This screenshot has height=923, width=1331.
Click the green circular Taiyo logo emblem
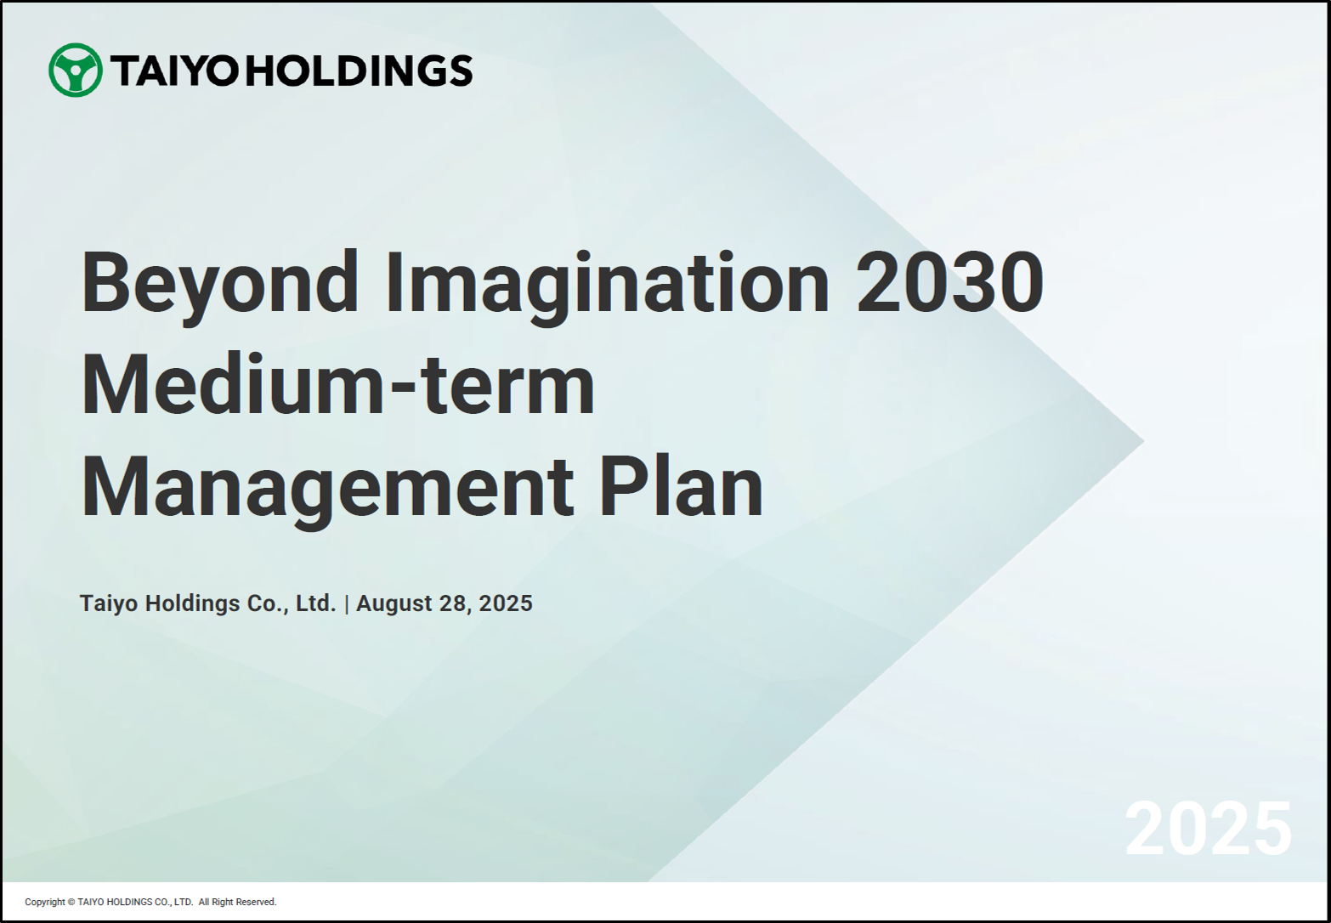pos(76,71)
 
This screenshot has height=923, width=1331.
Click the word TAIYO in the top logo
pos(174,71)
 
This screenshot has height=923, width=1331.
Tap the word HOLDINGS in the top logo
pos(360,71)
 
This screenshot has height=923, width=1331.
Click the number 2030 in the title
pos(949,281)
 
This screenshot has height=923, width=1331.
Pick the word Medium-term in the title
pos(337,384)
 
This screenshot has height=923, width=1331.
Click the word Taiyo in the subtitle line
pos(110,603)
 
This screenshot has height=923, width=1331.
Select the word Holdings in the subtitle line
pos(193,603)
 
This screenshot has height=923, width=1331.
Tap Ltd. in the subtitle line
pos(316,603)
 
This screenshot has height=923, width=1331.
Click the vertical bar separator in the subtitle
pos(347,603)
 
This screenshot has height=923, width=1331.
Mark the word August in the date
pos(394,603)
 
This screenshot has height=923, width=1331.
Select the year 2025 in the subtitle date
pos(506,603)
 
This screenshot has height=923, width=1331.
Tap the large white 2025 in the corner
pos(1208,828)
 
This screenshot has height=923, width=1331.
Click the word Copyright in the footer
pos(44,903)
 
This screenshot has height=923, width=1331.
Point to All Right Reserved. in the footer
pos(238,903)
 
